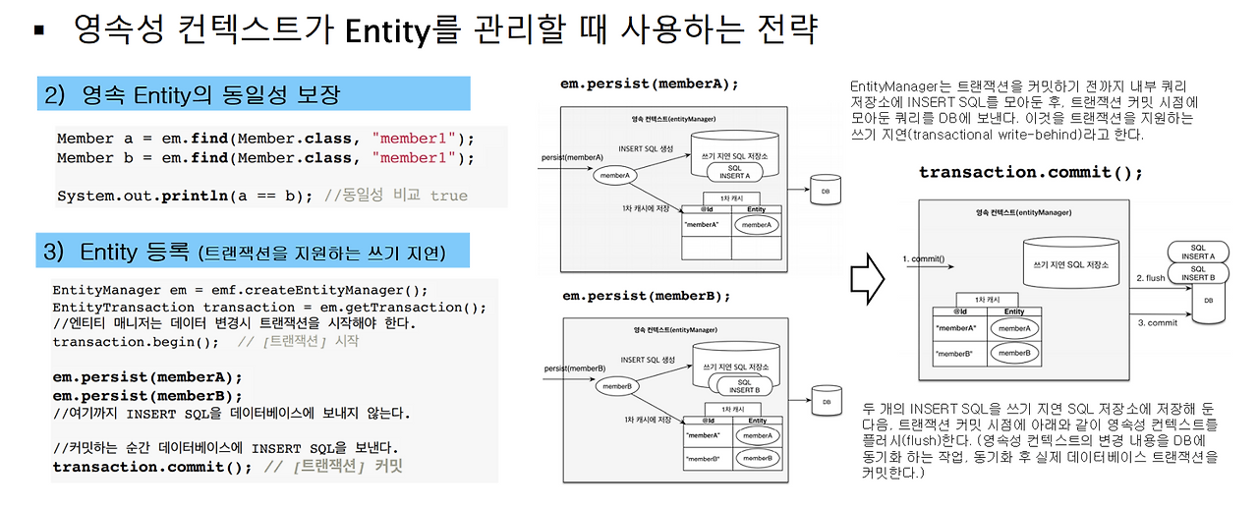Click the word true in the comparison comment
click(449, 196)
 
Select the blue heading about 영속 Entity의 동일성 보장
click(254, 94)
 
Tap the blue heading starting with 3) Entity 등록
click(254, 252)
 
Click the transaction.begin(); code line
click(136, 341)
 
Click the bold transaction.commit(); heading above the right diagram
click(1030, 172)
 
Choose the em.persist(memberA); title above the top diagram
click(649, 84)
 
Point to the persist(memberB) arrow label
click(573, 368)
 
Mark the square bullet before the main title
click(39, 29)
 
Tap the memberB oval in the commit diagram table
click(1015, 352)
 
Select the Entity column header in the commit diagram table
click(1014, 311)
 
